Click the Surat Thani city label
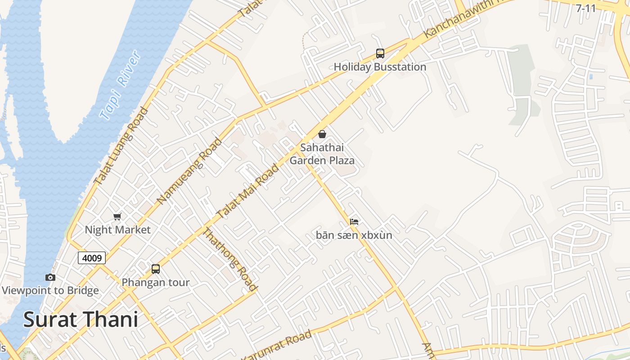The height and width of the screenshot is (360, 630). click(81, 319)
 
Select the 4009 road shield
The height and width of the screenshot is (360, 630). click(92, 258)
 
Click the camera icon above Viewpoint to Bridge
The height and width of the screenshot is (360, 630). click(50, 277)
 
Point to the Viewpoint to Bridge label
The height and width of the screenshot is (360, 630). click(50, 291)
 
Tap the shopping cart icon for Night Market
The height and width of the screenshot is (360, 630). click(117, 216)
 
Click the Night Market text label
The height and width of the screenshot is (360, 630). click(117, 230)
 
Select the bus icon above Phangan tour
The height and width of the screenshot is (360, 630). click(156, 269)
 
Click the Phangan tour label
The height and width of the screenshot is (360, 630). click(156, 283)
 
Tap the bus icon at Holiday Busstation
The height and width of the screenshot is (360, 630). click(380, 54)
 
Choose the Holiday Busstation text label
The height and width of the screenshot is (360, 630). click(380, 67)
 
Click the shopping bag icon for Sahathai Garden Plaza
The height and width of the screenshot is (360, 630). click(322, 134)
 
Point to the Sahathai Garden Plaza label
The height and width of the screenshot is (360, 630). click(322, 154)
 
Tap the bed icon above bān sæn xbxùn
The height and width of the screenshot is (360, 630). click(354, 222)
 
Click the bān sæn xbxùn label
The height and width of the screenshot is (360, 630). click(354, 235)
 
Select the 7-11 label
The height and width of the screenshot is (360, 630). click(586, 8)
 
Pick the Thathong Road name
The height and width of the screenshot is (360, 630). click(230, 259)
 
